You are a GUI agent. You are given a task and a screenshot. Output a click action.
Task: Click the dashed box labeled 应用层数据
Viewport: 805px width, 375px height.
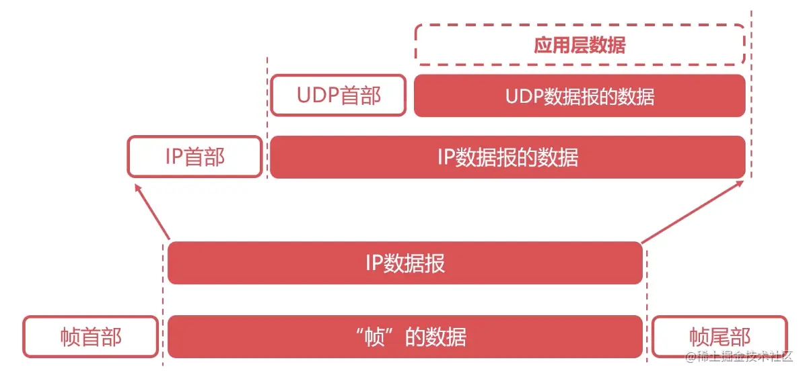[x=580, y=45]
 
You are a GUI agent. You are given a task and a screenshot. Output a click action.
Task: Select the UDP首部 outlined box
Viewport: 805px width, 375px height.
[x=339, y=95]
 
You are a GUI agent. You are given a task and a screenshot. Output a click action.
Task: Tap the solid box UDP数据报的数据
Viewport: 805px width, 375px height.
[x=580, y=96]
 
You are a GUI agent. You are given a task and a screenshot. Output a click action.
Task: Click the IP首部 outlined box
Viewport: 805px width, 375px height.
[x=195, y=157]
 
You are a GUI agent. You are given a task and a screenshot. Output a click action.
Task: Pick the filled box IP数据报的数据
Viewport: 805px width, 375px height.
[x=508, y=157]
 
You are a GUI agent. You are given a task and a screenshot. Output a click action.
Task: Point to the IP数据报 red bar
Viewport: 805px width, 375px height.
[x=405, y=263]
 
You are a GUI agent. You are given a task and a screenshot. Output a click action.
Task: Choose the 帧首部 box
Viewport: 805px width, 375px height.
[x=91, y=336]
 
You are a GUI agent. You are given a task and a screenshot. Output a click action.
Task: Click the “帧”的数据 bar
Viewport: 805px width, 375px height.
[x=405, y=336]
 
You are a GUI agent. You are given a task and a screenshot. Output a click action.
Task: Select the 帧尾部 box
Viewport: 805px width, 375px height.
[x=719, y=336]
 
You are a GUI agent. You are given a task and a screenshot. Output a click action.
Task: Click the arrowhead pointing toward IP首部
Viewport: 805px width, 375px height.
[x=139, y=190]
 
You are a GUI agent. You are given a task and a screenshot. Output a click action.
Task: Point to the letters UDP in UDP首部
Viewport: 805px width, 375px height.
[x=318, y=95]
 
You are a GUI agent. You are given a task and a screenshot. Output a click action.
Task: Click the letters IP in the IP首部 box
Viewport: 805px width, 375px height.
[x=173, y=157]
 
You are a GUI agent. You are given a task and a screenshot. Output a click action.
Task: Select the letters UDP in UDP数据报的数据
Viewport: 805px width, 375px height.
[x=524, y=96]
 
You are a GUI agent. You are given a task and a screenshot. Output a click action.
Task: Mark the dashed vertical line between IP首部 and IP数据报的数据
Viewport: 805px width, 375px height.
[x=267, y=121]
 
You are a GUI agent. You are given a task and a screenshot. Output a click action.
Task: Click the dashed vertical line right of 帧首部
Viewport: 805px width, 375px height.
[x=164, y=302]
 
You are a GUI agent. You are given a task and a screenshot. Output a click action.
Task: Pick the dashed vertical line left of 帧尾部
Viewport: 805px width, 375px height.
[x=647, y=302]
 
